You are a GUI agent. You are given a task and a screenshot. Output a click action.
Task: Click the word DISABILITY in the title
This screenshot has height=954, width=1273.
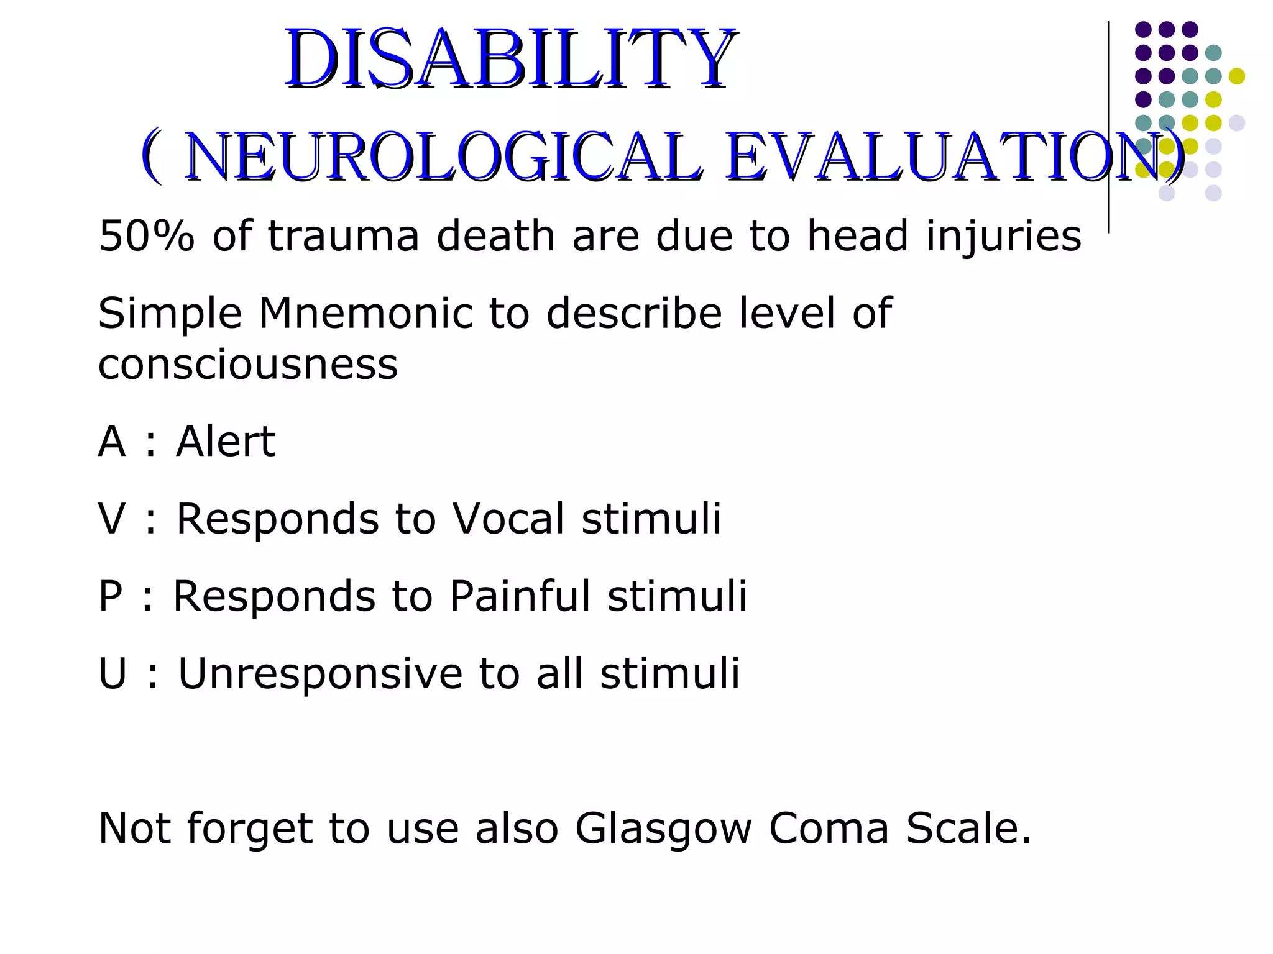pyautogui.click(x=510, y=59)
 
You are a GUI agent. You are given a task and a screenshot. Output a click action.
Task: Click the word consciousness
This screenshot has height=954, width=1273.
pyautogui.click(x=247, y=365)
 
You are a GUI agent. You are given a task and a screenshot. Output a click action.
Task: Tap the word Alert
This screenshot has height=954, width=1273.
pyautogui.click(x=225, y=442)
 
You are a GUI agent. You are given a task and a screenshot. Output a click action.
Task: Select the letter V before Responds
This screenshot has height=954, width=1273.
pyautogui.click(x=112, y=519)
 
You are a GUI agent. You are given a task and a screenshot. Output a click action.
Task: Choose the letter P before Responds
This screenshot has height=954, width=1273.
pyautogui.click(x=111, y=596)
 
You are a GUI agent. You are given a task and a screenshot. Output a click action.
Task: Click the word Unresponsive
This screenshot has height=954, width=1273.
pyautogui.click(x=320, y=674)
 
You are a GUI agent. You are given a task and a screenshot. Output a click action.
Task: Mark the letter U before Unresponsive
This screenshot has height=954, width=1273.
pyautogui.click(x=113, y=674)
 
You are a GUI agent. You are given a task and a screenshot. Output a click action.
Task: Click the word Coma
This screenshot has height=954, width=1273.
pyautogui.click(x=829, y=829)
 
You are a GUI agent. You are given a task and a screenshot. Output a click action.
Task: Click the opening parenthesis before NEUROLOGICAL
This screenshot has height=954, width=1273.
pyautogui.click(x=151, y=157)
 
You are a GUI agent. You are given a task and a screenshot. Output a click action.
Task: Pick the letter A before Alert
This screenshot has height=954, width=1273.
pyautogui.click(x=112, y=442)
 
